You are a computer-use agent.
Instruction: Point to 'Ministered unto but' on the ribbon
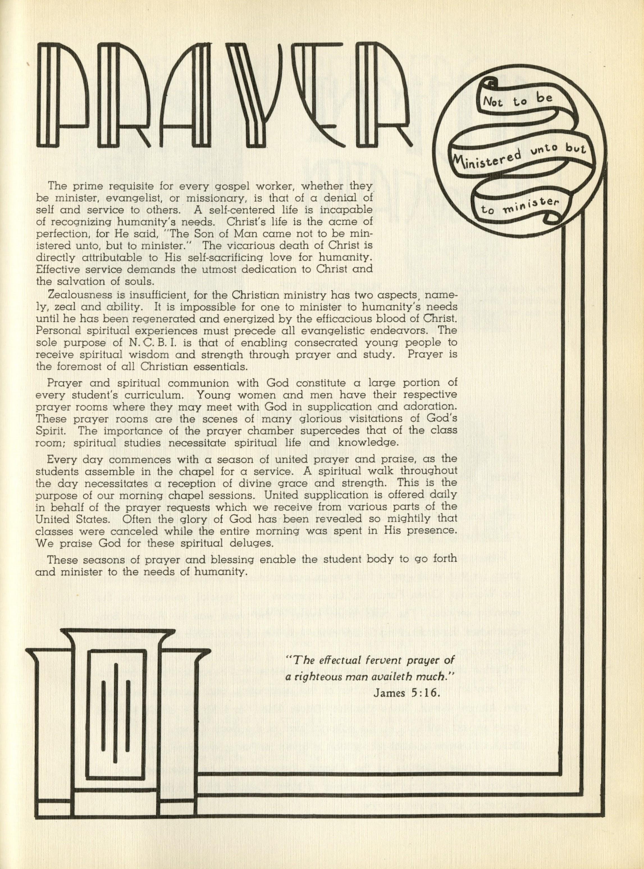(519, 155)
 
